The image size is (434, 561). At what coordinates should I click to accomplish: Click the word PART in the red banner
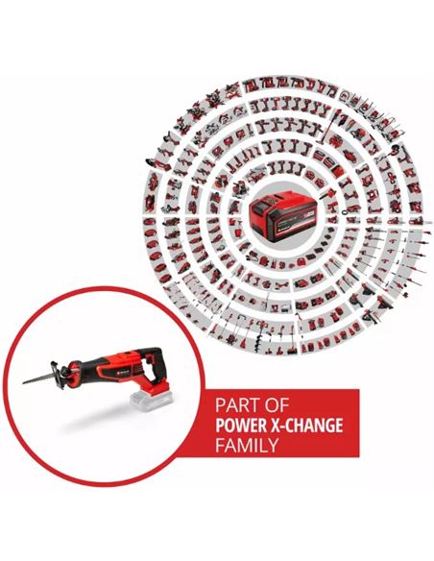[236, 405]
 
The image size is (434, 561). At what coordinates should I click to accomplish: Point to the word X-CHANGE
[306, 426]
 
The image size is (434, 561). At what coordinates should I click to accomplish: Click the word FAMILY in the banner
[247, 445]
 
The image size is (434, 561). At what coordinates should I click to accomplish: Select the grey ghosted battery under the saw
[151, 400]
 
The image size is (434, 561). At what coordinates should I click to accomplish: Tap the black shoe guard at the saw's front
[57, 375]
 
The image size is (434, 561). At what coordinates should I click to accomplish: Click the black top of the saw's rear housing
[145, 352]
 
